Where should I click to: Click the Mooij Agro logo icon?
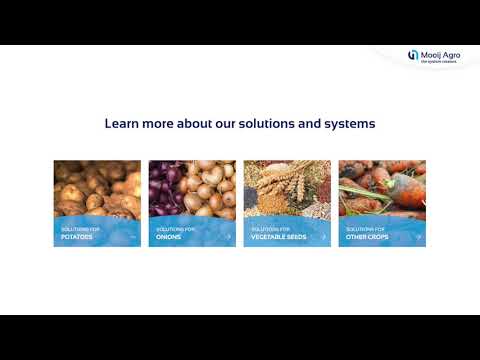413,55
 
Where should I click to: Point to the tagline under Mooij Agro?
437,61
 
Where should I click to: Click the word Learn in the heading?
121,124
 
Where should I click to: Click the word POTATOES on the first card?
76,237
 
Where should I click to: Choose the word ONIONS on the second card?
169,237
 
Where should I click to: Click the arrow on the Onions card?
228,237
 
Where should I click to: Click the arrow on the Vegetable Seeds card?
323,237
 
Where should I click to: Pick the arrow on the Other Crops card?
418,237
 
